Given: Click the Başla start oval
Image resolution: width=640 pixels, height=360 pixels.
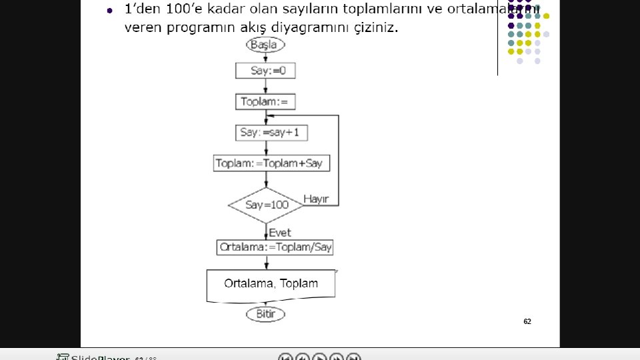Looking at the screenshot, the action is tap(266, 45).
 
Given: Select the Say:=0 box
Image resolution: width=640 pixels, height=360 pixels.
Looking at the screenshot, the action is tap(265, 70).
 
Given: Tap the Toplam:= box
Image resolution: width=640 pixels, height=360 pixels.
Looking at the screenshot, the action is tap(265, 102).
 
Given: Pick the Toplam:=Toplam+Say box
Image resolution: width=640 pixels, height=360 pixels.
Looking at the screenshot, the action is tap(272, 163).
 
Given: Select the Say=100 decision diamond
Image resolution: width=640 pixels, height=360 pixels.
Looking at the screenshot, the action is tap(267, 205).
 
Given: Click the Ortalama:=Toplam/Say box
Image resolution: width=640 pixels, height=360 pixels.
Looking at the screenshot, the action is tap(275, 247).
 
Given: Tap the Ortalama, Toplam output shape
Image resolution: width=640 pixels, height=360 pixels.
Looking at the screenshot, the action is tap(271, 284).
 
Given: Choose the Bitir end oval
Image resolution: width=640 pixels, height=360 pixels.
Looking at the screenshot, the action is tap(265, 314).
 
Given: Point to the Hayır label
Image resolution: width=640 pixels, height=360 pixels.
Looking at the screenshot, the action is tap(316, 199).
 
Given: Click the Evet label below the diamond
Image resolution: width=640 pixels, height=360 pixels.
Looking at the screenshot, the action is tap(280, 233).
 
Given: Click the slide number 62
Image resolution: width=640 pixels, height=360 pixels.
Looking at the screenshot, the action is tap(527, 321).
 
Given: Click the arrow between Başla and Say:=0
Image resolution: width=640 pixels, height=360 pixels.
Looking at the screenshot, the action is tap(266, 57).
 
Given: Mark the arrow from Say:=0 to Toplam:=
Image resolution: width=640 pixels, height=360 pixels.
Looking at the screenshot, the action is tap(266, 86).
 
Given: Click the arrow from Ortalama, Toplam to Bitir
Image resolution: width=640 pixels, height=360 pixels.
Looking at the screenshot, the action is tap(266, 303).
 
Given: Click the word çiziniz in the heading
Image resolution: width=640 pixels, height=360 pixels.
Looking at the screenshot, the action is tap(375, 29).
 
